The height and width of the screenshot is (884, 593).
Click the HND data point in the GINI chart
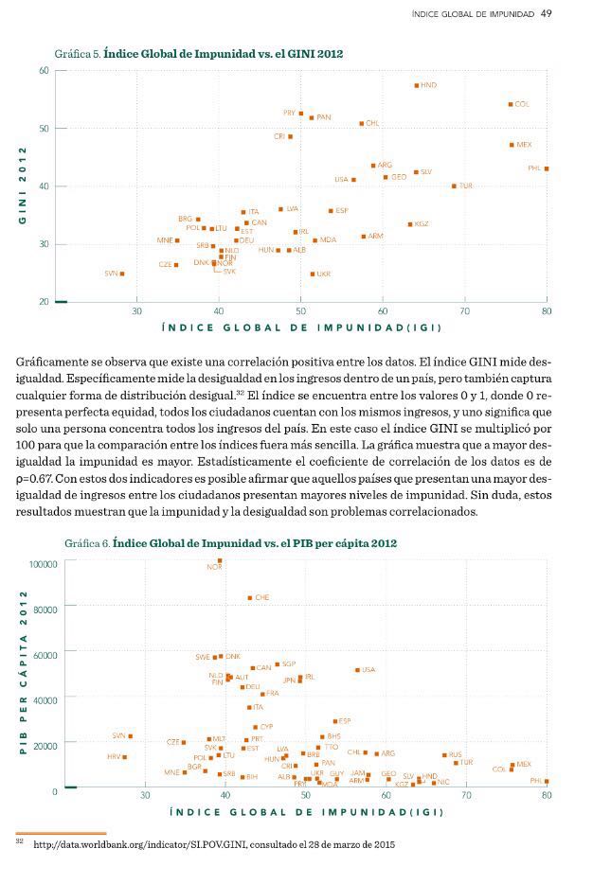click(x=416, y=85)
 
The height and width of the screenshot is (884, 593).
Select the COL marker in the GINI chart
click(x=511, y=104)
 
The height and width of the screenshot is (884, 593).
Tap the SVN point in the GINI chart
click(x=122, y=274)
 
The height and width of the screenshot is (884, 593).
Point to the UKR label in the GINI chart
click(x=324, y=274)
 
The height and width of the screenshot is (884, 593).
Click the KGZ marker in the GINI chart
click(x=410, y=224)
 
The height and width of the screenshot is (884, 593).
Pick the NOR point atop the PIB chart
click(x=220, y=560)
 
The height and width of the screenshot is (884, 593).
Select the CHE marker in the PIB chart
click(x=250, y=598)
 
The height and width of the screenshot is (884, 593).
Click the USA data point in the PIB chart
click(x=357, y=670)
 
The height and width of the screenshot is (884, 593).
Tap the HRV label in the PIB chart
click(x=114, y=757)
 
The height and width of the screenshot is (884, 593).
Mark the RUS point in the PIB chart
click(x=444, y=755)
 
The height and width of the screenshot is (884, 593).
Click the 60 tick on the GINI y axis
click(x=45, y=71)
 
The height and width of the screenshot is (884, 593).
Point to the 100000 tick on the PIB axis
click(x=44, y=563)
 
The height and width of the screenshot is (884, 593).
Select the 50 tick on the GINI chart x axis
click(x=300, y=310)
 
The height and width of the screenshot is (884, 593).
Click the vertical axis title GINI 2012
click(x=21, y=186)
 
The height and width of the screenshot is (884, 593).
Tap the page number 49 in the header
click(x=547, y=13)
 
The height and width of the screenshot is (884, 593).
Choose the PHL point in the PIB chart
click(x=547, y=782)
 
